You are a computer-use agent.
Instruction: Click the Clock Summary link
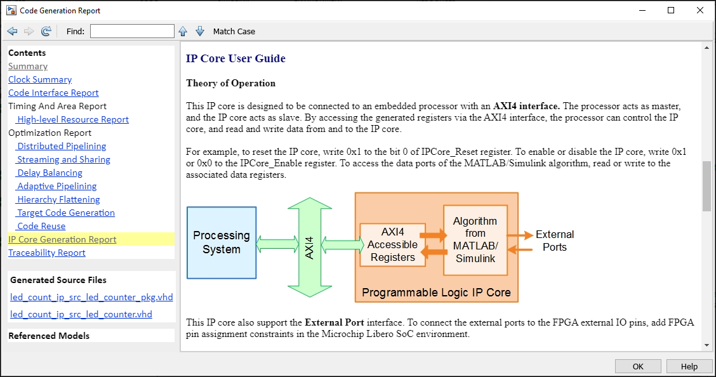tap(40, 79)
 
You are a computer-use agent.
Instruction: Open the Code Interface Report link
tap(53, 93)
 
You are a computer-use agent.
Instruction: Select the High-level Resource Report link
tap(72, 119)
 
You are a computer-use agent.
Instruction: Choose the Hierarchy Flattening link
tap(58, 199)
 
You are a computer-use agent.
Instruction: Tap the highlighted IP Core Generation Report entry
tap(62, 239)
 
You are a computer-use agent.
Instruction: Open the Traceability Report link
tap(46, 253)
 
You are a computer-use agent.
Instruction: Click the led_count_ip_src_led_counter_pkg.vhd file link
tap(91, 297)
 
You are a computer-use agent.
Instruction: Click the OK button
tap(638, 366)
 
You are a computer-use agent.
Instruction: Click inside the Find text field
tap(132, 31)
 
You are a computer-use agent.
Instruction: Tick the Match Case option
tap(234, 31)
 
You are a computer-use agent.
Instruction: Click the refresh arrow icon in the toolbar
tap(46, 31)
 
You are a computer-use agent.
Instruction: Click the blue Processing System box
tap(222, 242)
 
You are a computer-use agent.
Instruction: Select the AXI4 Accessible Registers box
tap(392, 244)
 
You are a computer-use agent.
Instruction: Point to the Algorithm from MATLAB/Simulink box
tap(475, 239)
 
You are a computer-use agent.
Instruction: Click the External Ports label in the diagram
tap(554, 241)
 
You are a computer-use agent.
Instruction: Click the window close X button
tap(699, 10)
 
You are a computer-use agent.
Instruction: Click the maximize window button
tap(671, 10)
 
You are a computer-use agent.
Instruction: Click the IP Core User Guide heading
tap(235, 58)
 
